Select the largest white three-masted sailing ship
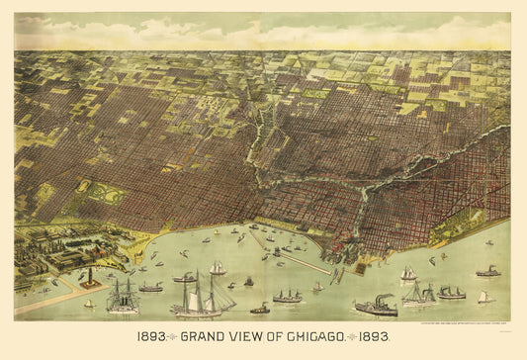pyautogui.click(x=202, y=298)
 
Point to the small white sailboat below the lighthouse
pyautogui.click(x=89, y=304)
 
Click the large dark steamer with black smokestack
pyautogui.click(x=376, y=308)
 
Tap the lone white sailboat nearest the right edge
pyautogui.click(x=484, y=297)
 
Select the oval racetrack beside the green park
pyautogui.click(x=83, y=187)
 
